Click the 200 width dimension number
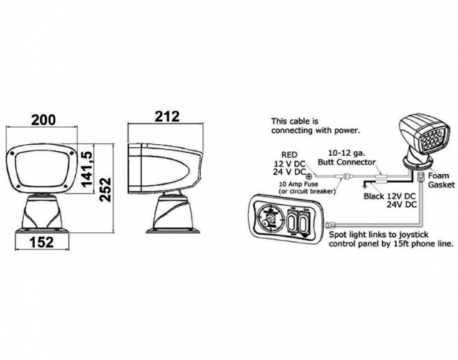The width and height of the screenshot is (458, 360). pyautogui.click(x=42, y=120)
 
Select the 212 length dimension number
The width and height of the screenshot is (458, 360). pyautogui.click(x=166, y=117)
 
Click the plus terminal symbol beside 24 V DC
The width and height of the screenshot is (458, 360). pyautogui.click(x=309, y=174)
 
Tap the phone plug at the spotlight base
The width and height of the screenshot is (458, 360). pyautogui.click(x=422, y=177)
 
